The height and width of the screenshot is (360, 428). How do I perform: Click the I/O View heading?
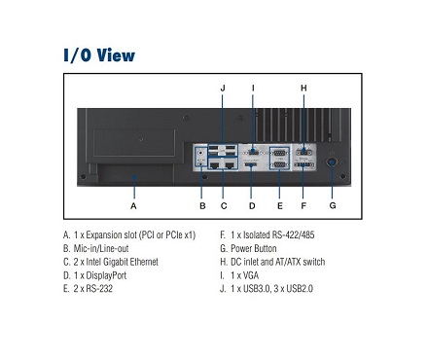(x=99, y=54)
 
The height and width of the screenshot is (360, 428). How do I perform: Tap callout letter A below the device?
(x=133, y=206)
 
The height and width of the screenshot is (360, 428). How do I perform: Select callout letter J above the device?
(x=223, y=89)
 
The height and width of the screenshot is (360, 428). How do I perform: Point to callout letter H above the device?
(x=303, y=88)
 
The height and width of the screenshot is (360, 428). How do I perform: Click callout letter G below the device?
(x=333, y=205)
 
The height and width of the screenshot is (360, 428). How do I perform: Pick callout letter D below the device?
(x=252, y=206)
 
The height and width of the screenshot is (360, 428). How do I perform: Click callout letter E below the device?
(x=280, y=206)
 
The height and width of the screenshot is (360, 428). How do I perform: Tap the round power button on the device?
(x=332, y=162)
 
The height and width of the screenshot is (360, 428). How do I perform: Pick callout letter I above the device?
(x=253, y=89)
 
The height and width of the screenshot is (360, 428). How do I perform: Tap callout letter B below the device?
(x=202, y=206)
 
